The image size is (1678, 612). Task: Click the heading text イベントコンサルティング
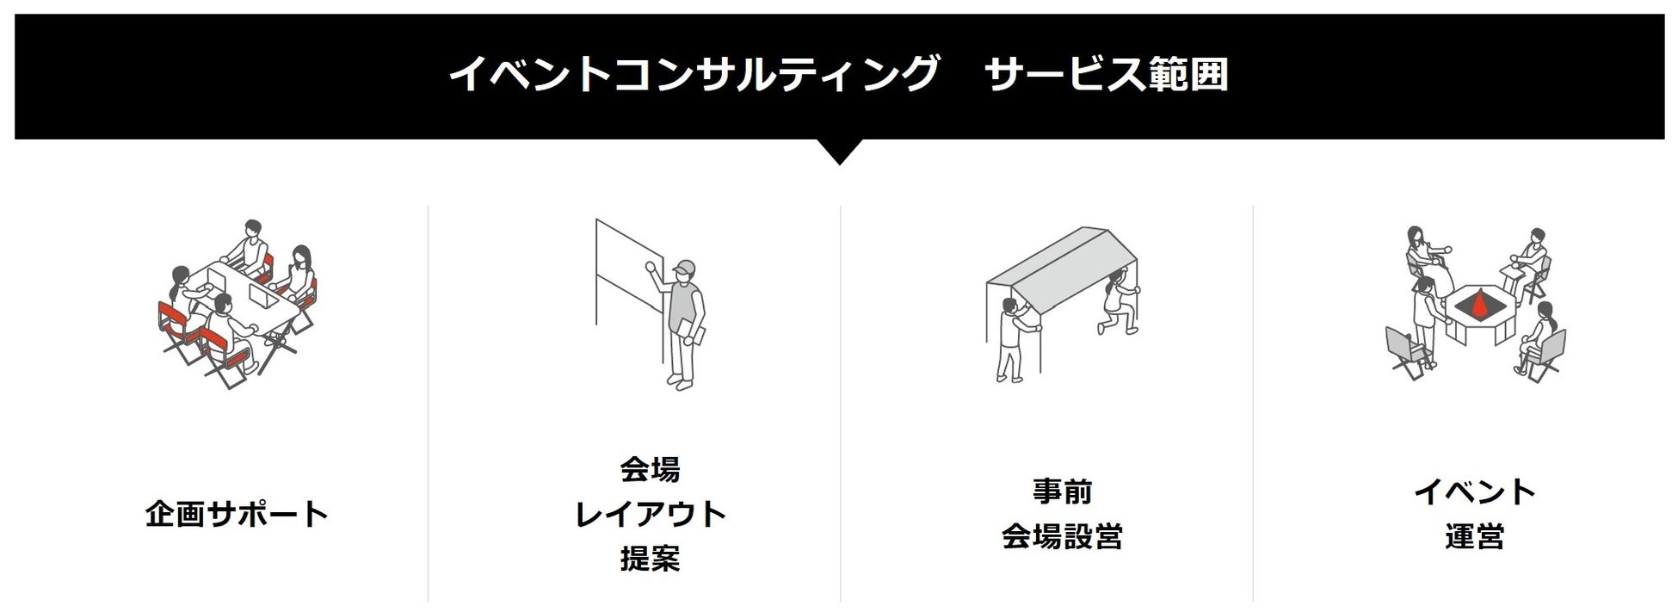coord(693,74)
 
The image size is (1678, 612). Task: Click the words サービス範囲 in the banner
coord(1106,74)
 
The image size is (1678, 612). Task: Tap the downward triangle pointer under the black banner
coord(839,151)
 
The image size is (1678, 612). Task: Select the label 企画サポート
coord(237,515)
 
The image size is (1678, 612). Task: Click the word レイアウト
coord(651,515)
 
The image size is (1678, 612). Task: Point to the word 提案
coord(651,559)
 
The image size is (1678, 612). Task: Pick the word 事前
coord(1063,491)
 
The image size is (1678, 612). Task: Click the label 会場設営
coord(1063,537)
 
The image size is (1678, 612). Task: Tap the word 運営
coord(1475,537)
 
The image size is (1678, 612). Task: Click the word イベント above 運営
coord(1475,491)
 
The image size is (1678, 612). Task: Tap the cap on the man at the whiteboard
coord(685,267)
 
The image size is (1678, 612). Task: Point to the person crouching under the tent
coord(1116,304)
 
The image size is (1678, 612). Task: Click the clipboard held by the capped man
coord(689,331)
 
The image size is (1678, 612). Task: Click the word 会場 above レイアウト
coord(651,469)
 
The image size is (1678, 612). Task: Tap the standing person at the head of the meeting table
coord(252,245)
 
